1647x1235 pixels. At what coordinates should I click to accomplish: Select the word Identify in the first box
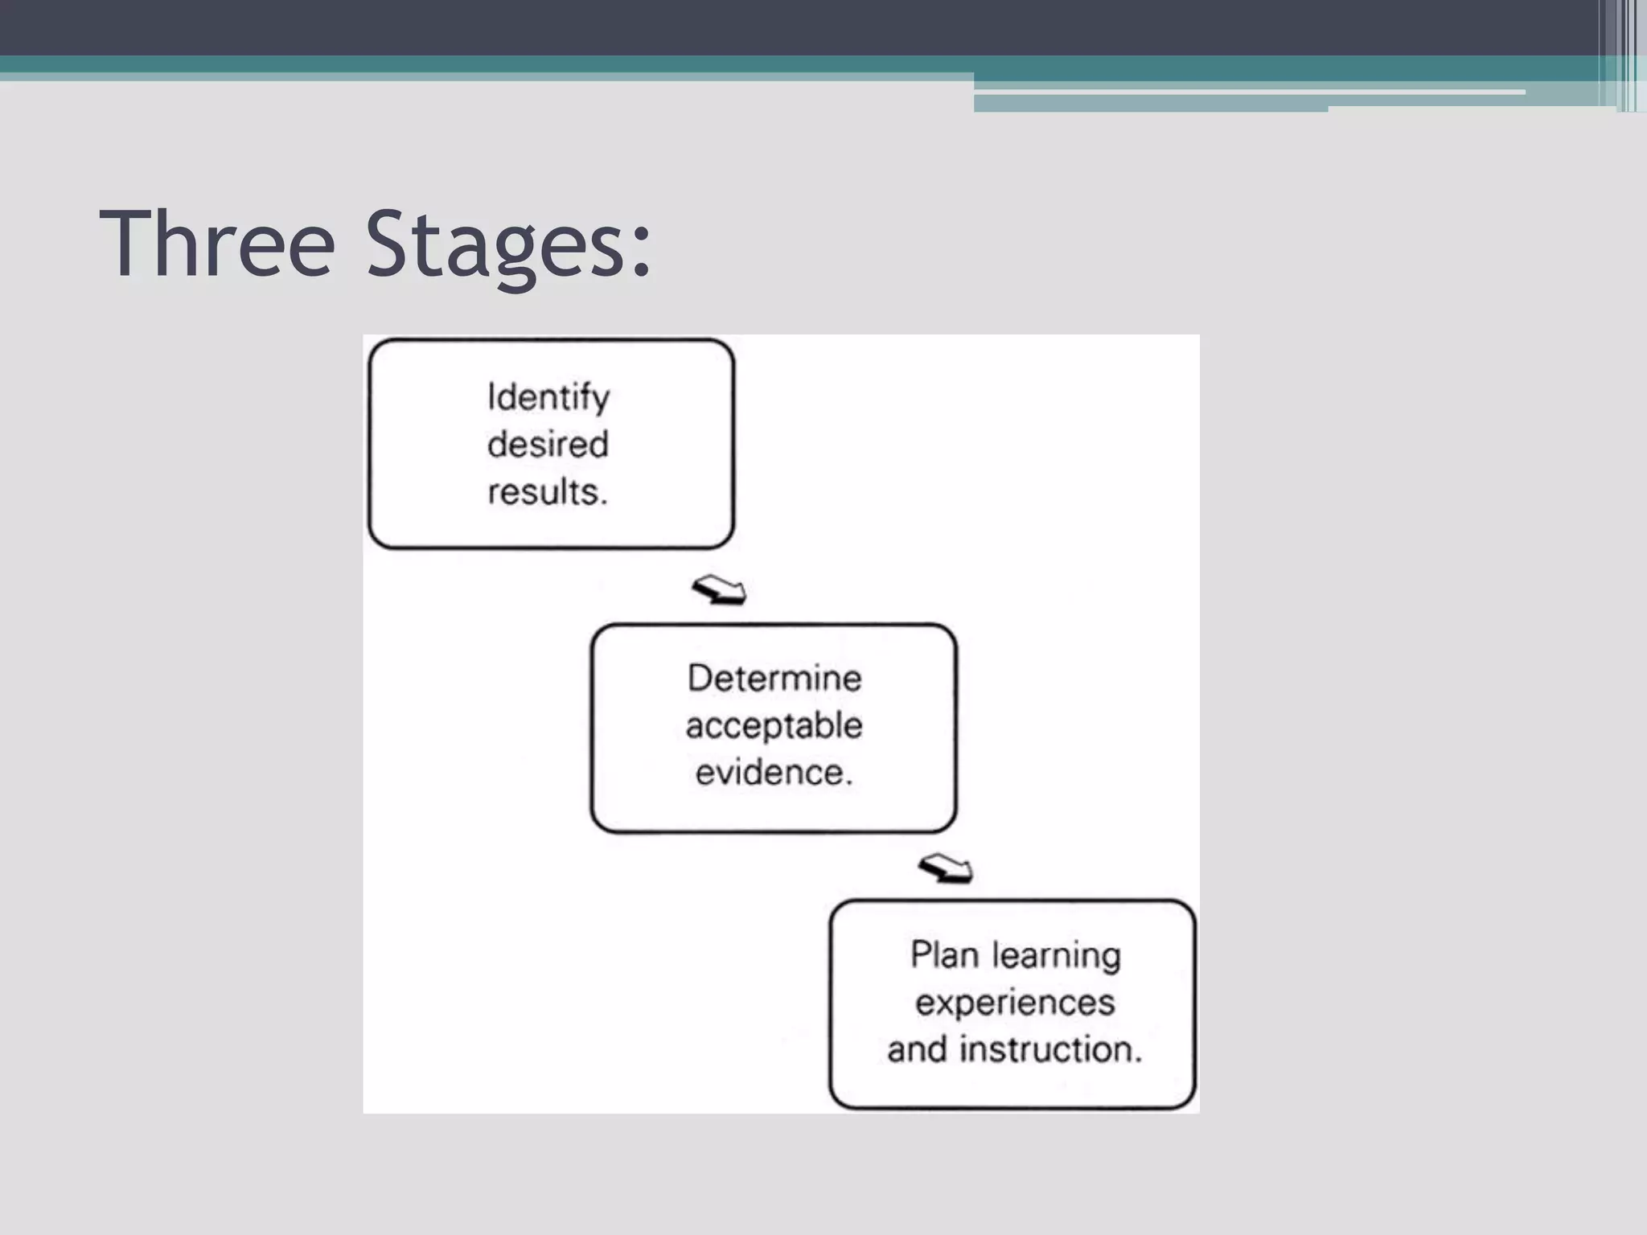tap(548, 398)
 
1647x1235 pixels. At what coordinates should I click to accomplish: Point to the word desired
tap(548, 445)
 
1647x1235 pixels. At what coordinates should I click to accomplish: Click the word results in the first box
tap(545, 491)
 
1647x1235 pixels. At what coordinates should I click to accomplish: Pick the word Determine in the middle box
tap(774, 679)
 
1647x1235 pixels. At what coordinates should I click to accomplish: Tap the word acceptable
tap(774, 726)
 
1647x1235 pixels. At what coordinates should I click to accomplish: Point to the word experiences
tap(1015, 1003)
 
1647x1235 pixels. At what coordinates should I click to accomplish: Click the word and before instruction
tap(917, 1049)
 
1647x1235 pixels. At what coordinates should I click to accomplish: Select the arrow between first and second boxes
tap(719, 590)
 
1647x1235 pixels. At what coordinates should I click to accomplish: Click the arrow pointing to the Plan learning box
tap(946, 868)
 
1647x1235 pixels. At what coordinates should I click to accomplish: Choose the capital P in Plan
tap(920, 955)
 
